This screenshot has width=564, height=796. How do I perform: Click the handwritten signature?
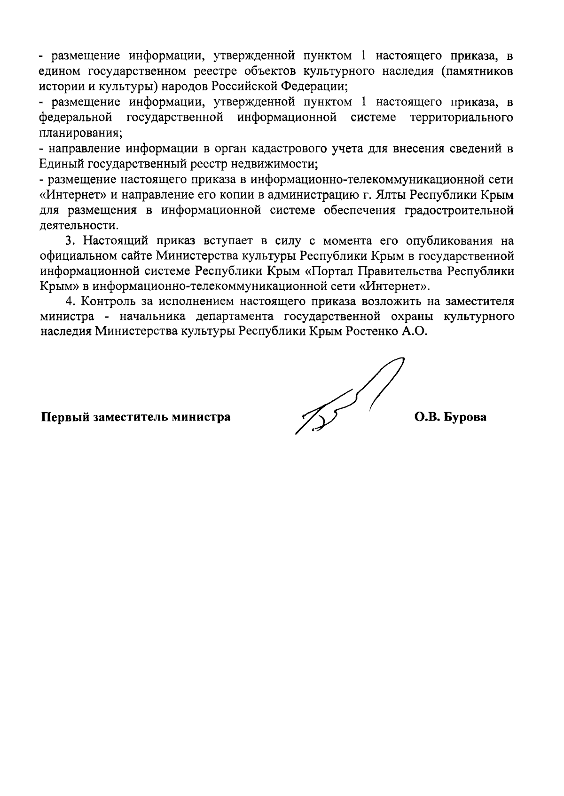[348, 400]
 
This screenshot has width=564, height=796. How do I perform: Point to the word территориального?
[462, 117]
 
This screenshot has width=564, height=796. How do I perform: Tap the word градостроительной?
[459, 210]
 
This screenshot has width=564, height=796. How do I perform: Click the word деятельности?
[77, 225]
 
